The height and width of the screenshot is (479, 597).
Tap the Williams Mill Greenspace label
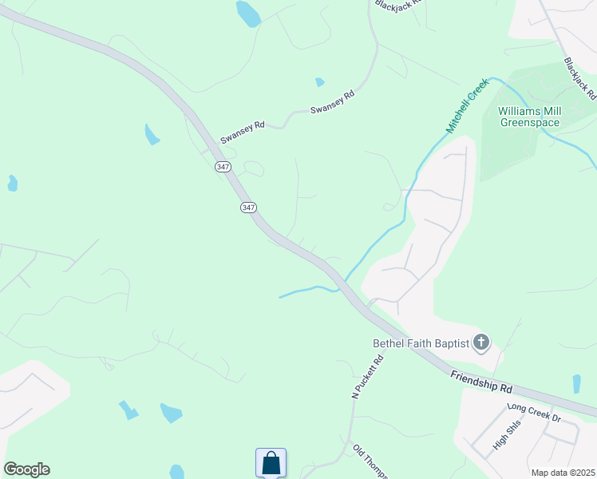click(530, 117)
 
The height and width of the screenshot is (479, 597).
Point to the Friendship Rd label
click(480, 381)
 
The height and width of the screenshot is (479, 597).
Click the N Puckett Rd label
click(368, 378)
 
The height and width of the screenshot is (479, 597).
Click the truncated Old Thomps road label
click(370, 461)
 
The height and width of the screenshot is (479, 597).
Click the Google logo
click(26, 469)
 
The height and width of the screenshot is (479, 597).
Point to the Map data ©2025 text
click(563, 473)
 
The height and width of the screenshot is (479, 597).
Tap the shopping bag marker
click(271, 462)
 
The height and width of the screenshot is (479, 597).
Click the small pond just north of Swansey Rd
click(320, 81)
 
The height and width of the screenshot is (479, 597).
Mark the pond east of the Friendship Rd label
click(576, 383)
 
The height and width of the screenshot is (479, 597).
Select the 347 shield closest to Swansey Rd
click(223, 167)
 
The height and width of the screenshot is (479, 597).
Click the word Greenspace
click(530, 122)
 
